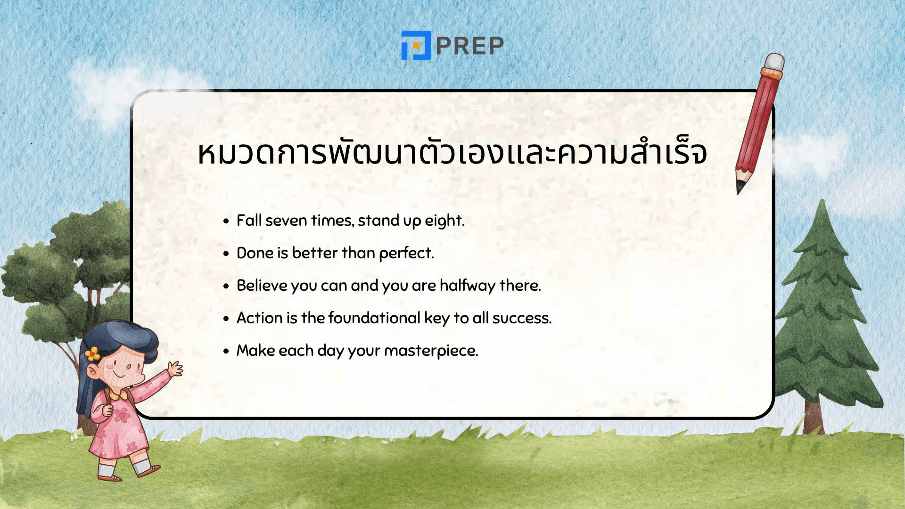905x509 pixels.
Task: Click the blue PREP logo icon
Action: point(416,46)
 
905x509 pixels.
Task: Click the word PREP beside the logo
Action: point(470,46)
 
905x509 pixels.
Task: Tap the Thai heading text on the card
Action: point(452,152)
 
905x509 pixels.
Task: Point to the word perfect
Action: point(406,253)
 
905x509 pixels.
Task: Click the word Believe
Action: point(262,286)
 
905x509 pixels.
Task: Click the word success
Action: point(521,318)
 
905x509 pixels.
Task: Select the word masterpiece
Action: point(431,351)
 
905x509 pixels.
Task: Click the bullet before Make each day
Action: point(226,351)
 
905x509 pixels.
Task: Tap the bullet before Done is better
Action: point(226,254)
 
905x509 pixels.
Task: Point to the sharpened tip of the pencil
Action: point(740,189)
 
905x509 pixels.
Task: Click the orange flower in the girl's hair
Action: point(93,353)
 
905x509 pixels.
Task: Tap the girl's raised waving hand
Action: point(175,368)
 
